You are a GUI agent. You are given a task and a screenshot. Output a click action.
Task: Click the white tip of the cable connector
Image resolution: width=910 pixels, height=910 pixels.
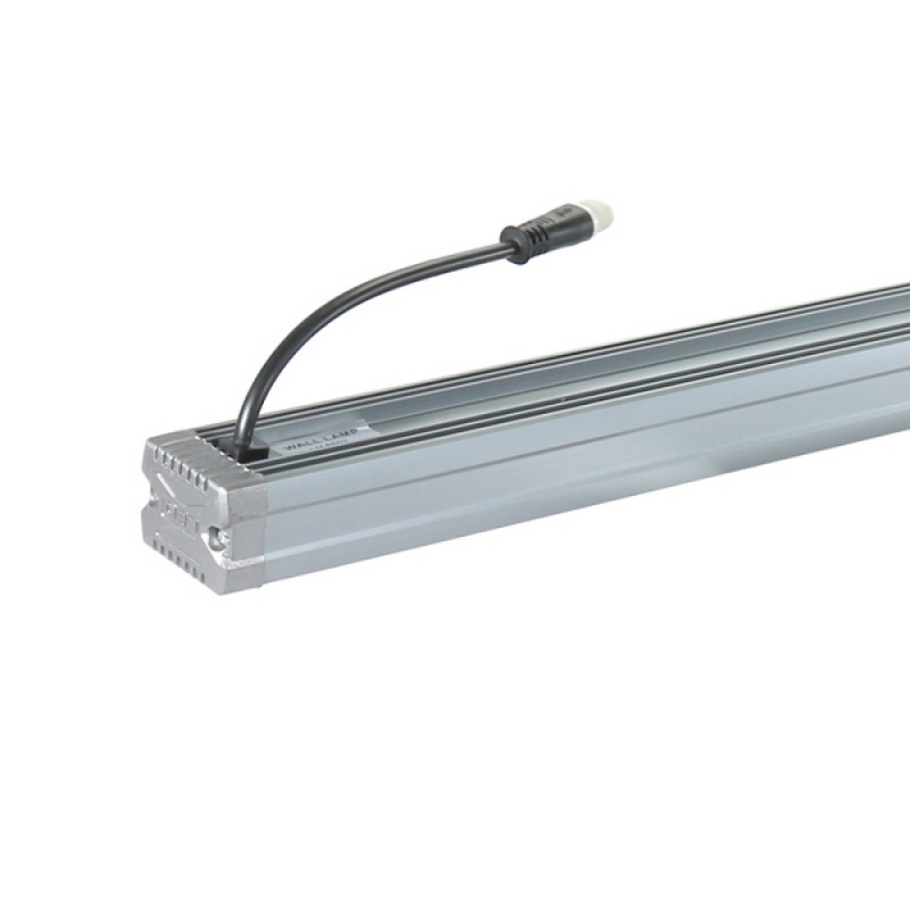[x=602, y=216]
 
